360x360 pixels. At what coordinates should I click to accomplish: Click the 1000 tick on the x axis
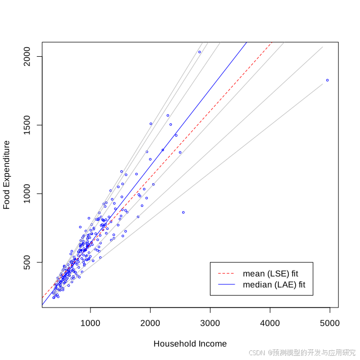coord(91,324)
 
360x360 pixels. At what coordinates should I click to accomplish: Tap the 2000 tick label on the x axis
coord(150,324)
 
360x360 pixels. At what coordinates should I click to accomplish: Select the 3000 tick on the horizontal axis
coord(210,324)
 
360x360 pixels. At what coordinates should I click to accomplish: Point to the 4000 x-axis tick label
coord(270,324)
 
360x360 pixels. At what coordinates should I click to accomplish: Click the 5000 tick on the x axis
coord(329,324)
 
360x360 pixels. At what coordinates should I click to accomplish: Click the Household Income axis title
coord(190,344)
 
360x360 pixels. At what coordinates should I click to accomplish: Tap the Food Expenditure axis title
coord(7,175)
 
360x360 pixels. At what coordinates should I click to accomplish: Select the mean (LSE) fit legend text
coord(271,274)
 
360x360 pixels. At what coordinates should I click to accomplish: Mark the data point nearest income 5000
coord(327,80)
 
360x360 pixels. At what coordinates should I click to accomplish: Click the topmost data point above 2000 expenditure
coord(199,52)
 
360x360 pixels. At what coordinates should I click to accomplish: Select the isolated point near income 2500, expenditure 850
coord(183,212)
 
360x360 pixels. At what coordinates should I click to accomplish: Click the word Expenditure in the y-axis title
coord(7,164)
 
